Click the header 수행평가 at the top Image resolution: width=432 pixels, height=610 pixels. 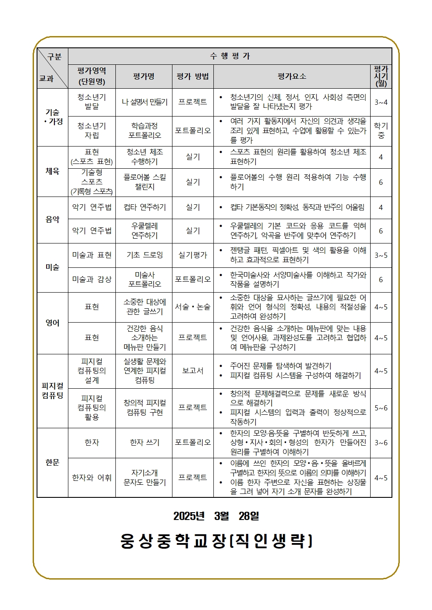point(230,56)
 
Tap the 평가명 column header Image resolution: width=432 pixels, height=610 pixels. point(144,77)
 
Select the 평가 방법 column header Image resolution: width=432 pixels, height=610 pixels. point(192,77)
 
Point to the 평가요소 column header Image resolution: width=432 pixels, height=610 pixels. point(292,77)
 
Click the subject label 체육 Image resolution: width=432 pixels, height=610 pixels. point(52,171)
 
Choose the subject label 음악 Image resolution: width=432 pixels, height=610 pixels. point(52,220)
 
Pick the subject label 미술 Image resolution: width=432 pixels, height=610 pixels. point(52,267)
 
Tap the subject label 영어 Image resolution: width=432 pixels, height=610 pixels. point(52,323)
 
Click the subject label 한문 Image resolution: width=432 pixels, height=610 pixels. point(52,463)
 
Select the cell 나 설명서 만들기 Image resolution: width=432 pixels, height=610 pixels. point(144,102)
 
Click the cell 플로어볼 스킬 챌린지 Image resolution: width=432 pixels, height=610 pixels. point(145,182)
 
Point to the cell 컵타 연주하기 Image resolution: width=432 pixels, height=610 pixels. point(145,207)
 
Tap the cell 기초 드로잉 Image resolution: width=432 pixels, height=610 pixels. point(145,255)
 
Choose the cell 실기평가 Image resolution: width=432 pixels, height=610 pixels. point(192,255)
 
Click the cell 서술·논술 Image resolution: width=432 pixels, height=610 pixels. point(192,307)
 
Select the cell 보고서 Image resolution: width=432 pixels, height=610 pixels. point(192,371)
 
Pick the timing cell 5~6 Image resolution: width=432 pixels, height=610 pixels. point(381,408)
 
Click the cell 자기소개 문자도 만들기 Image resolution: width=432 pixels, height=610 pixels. point(145,477)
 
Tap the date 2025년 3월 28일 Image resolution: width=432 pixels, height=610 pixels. point(216,516)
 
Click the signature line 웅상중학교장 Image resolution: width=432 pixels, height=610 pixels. point(216,541)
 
